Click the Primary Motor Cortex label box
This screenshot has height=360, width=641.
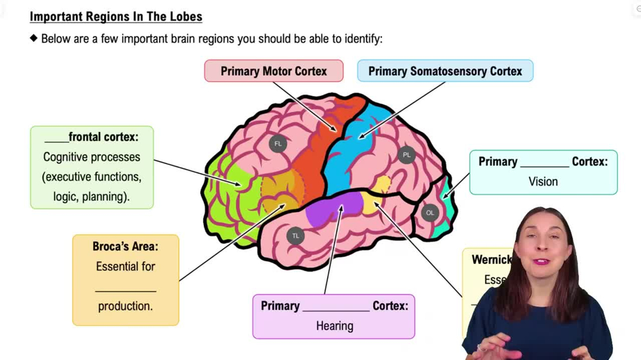click(x=274, y=71)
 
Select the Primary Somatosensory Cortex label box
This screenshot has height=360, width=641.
click(x=445, y=71)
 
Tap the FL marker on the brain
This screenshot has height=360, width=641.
click(x=278, y=143)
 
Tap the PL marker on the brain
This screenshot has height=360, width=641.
click(x=406, y=155)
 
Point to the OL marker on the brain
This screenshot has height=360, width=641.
click(x=430, y=213)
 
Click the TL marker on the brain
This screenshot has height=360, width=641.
click(x=296, y=236)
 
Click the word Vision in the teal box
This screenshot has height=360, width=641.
click(x=543, y=181)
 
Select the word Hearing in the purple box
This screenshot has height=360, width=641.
click(x=334, y=326)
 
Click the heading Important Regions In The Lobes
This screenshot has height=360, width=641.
click(x=116, y=17)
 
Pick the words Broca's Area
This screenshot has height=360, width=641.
click(x=125, y=246)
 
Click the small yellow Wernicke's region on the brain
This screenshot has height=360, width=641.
click(x=383, y=185)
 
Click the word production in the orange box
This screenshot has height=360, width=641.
click(x=125, y=306)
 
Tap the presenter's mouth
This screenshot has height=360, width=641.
click(x=542, y=261)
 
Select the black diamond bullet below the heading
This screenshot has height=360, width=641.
click(x=34, y=38)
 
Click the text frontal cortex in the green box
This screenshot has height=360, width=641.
click(x=103, y=136)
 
